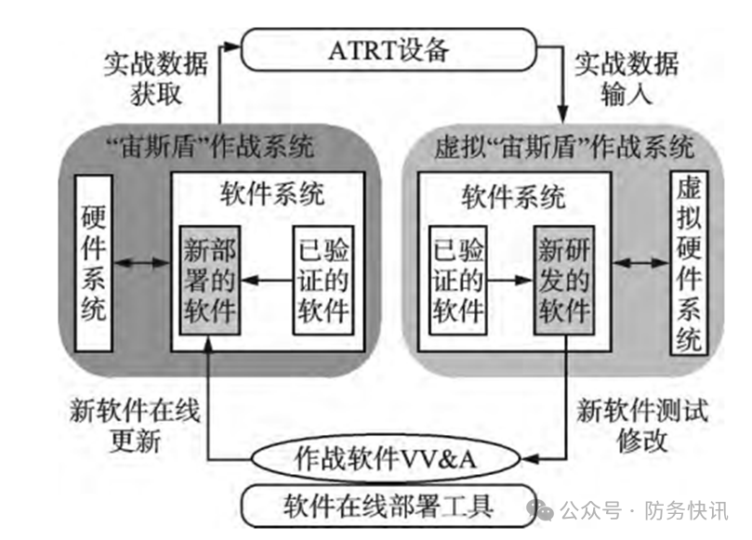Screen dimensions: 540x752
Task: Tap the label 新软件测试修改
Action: pos(641,423)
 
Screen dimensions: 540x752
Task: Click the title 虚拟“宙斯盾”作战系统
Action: pos(564,147)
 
